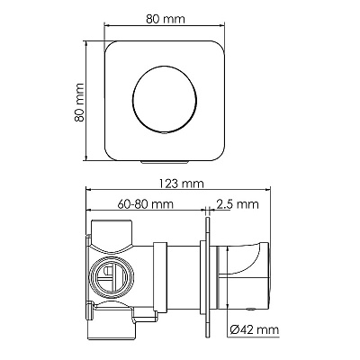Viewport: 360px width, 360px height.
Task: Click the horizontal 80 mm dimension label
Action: click(x=166, y=19)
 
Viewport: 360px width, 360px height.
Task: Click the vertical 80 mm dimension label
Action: click(x=79, y=103)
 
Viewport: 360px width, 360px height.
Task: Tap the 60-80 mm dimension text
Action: click(x=146, y=204)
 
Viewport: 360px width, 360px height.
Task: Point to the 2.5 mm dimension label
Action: click(x=238, y=204)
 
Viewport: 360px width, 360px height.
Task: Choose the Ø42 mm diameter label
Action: click(x=255, y=330)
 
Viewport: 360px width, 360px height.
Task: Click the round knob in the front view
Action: click(x=165, y=99)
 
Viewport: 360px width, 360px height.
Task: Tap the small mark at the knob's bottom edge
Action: click(x=165, y=132)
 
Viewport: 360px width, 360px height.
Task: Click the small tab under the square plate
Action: click(x=165, y=162)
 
